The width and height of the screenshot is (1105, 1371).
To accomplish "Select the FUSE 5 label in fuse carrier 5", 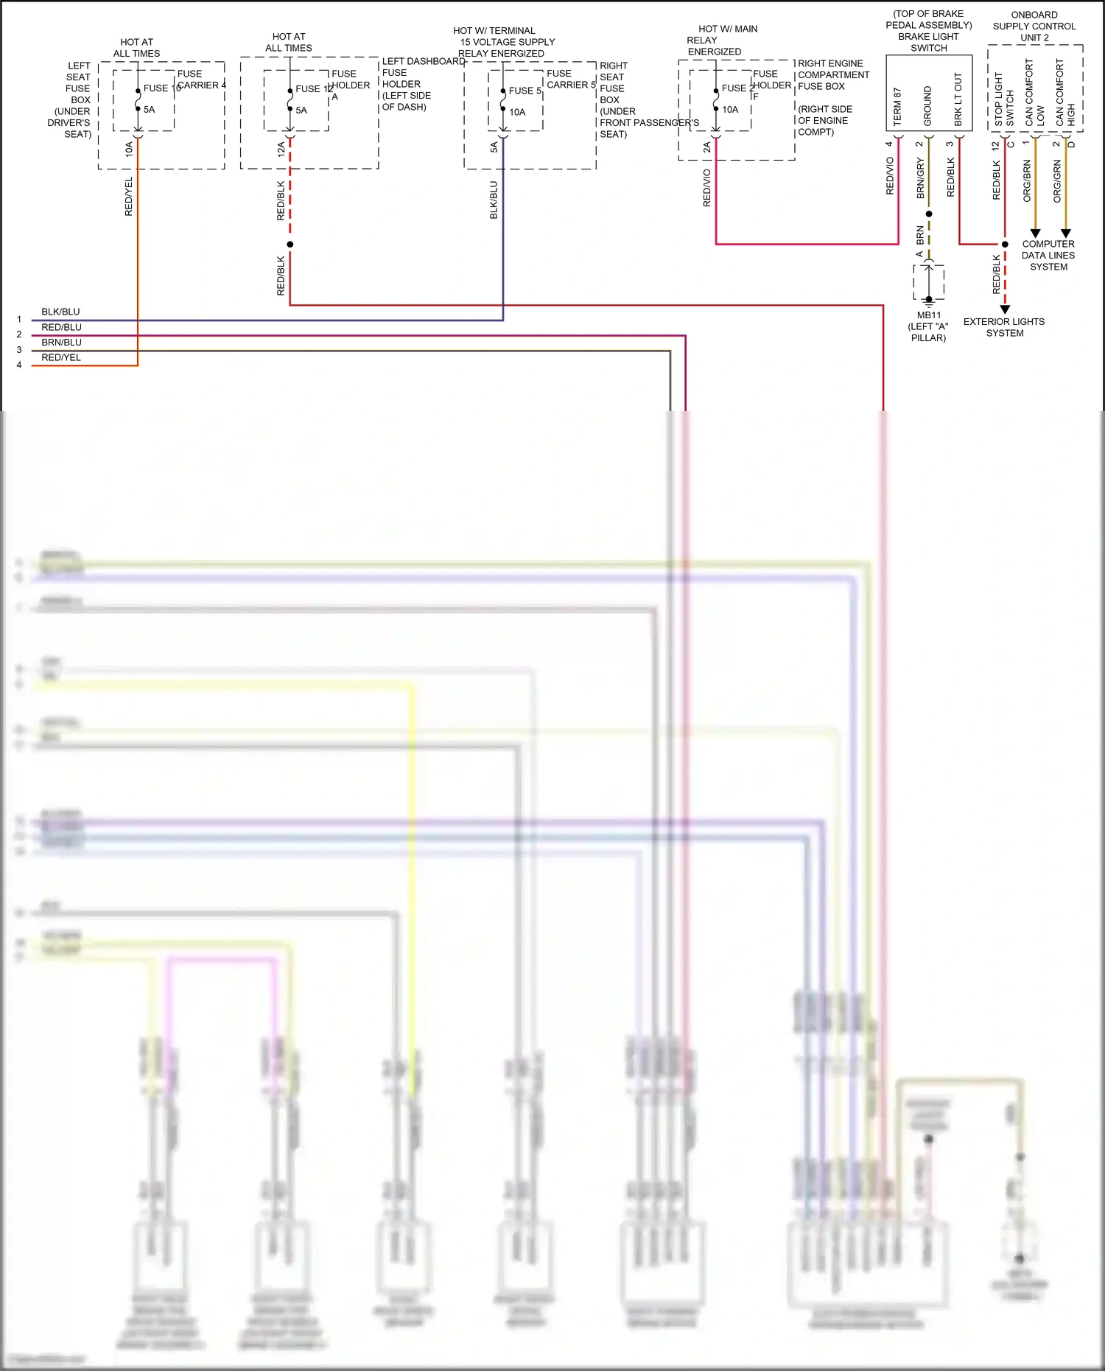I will tap(525, 91).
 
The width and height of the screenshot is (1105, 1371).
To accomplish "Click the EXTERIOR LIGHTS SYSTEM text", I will tap(1004, 327).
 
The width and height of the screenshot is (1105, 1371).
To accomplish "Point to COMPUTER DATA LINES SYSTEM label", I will tap(1048, 255).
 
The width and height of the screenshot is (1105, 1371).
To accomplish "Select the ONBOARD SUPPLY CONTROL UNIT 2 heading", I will tap(1034, 26).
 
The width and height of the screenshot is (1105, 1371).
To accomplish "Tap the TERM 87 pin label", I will tap(897, 107).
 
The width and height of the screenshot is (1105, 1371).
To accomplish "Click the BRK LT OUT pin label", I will tap(958, 99).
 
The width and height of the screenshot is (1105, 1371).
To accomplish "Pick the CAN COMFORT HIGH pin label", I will tap(1065, 93).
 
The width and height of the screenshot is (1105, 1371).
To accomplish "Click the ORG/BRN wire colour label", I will tap(1027, 180).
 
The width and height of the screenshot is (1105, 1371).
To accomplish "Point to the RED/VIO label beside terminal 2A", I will tap(706, 188).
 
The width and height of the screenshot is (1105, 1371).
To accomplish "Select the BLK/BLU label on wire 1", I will tap(60, 312).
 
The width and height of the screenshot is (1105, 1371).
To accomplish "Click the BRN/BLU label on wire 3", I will tap(61, 342).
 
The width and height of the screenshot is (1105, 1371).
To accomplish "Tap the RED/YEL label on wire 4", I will tap(60, 357).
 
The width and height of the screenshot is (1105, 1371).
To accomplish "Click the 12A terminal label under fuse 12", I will tap(281, 150).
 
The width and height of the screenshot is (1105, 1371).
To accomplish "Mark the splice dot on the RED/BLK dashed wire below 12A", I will tap(290, 244).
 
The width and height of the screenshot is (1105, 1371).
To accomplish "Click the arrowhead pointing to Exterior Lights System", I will tap(1005, 309).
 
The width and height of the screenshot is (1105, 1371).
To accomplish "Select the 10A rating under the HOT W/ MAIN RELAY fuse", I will tap(729, 110).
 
